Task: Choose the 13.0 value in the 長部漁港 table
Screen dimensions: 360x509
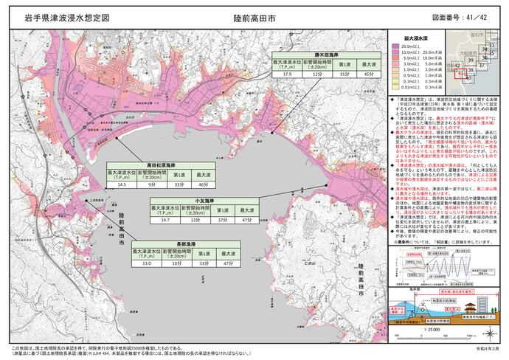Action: coord(147,263)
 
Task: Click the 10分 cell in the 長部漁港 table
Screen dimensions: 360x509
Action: coord(176,263)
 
